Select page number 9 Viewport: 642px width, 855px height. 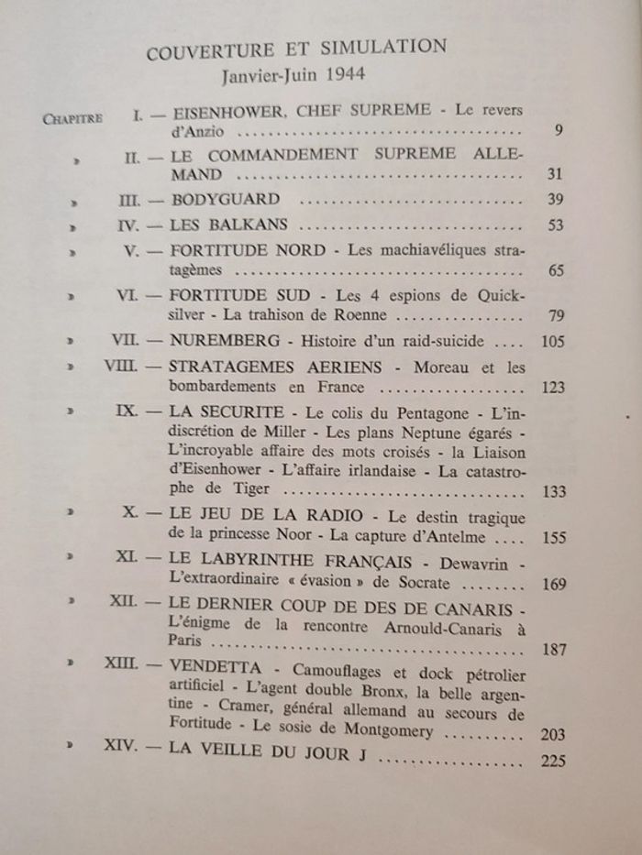(x=559, y=131)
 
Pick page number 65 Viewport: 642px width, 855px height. (x=555, y=271)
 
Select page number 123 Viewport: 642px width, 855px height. (x=552, y=388)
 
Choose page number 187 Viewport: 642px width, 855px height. (x=552, y=651)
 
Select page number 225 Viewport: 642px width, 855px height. (x=553, y=760)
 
